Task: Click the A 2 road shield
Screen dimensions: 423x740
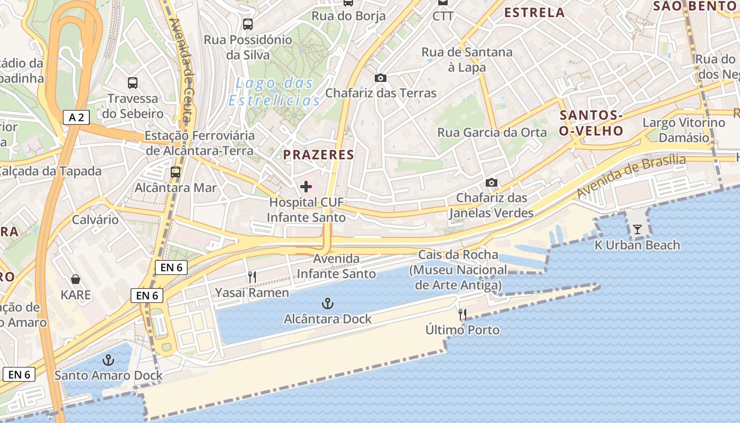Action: coord(77,117)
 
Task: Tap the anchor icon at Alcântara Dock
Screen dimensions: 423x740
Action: coord(328,304)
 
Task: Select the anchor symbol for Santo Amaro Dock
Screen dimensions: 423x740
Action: coord(108,361)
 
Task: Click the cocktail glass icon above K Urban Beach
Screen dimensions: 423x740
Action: coord(637,229)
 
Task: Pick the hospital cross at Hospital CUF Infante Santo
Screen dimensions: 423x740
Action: coord(306,187)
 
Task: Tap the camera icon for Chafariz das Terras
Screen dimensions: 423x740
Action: coord(380,78)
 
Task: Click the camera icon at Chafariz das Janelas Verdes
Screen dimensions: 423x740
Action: coord(492,183)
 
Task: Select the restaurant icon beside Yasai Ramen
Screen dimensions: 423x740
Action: coord(252,277)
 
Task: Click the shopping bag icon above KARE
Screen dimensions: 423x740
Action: coord(76,279)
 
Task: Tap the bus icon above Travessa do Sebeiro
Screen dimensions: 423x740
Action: coord(133,82)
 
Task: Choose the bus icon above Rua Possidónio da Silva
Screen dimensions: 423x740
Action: coord(248,24)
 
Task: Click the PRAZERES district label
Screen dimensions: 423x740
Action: coord(318,154)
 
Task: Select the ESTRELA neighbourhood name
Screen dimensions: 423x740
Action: coord(535,12)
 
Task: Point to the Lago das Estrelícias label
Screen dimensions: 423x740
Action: coord(275,91)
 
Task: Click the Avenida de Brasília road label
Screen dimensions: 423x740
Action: coord(631,177)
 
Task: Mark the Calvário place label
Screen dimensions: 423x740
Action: coord(96,219)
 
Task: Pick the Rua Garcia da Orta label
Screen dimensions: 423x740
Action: coord(492,132)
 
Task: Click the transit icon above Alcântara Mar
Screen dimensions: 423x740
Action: coord(175,172)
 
